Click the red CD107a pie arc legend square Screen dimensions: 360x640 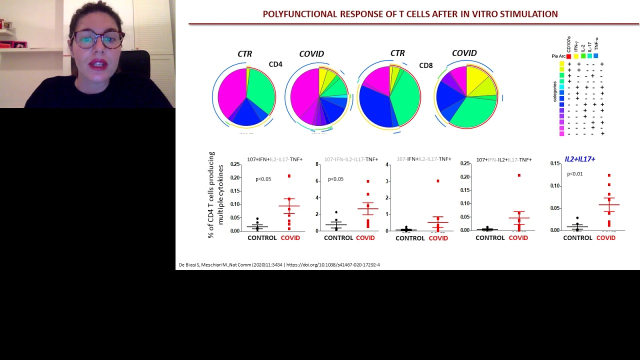pyautogui.click(x=568, y=56)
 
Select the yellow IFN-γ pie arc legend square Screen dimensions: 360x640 pyautogui.click(x=576, y=56)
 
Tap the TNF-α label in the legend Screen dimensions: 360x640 pyautogui.click(x=596, y=44)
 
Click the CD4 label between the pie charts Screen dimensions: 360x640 pyautogui.click(x=275, y=64)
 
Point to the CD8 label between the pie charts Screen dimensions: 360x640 pyautogui.click(x=426, y=65)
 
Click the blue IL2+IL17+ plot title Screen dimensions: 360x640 pyautogui.click(x=579, y=159)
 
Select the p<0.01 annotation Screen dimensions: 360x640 pyautogui.click(x=574, y=174)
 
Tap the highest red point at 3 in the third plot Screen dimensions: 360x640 pyautogui.click(x=438, y=181)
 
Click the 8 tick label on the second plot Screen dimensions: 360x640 pyautogui.click(x=317, y=164)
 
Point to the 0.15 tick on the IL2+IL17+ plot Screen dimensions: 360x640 pyautogui.click(x=555, y=163)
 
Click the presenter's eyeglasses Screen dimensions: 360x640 pyautogui.click(x=97, y=39)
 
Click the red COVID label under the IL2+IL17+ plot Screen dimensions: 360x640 pyautogui.click(x=606, y=238)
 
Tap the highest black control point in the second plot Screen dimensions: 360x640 pyautogui.click(x=336, y=212)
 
